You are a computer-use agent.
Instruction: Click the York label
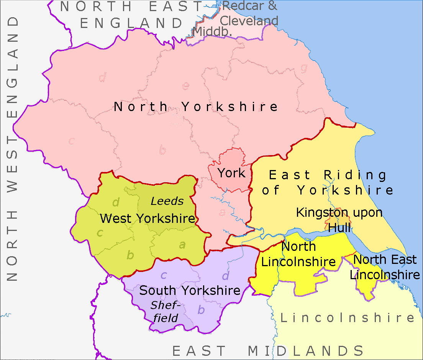(231, 173)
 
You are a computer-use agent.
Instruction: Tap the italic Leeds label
(167, 201)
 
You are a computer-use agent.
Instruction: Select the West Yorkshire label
(148, 219)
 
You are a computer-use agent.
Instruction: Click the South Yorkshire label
(190, 290)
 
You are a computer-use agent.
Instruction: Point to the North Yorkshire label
(196, 106)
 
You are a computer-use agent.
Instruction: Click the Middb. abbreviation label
(213, 31)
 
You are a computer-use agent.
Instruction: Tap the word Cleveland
(249, 20)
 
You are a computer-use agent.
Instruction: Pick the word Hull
(339, 228)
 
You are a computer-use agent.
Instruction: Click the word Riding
(355, 175)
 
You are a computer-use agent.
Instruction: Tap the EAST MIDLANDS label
(268, 351)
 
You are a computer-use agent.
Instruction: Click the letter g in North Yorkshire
(304, 69)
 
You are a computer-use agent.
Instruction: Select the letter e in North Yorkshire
(185, 86)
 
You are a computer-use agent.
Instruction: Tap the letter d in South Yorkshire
(226, 275)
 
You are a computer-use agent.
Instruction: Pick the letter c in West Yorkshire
(100, 232)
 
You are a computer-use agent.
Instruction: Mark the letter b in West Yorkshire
(130, 255)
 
